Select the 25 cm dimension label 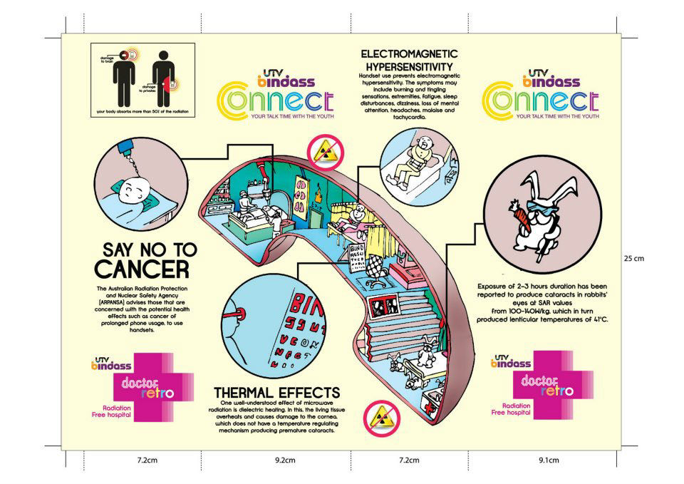point(634,258)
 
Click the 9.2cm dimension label point(285,460)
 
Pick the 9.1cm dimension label point(547,460)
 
